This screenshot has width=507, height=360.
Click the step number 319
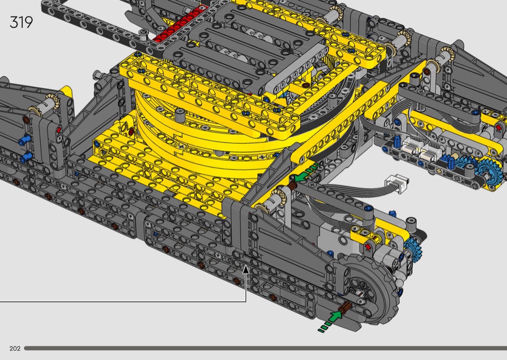(21, 22)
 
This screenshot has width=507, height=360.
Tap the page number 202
(15, 348)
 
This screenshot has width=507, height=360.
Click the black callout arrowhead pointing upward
(246, 269)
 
